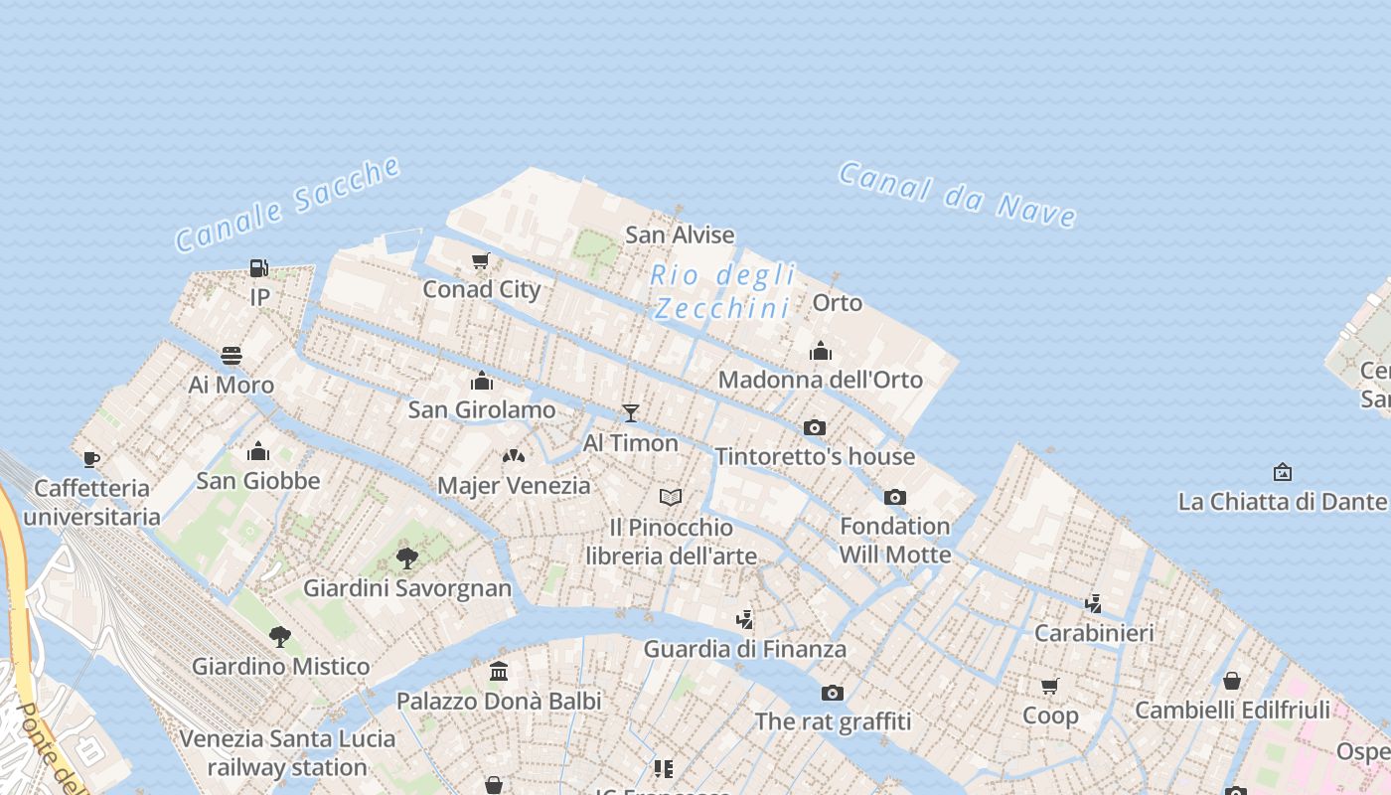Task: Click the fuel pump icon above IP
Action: [258, 267]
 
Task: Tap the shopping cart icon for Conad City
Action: [481, 260]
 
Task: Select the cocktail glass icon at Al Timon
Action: [630, 412]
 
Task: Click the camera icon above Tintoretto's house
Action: [815, 427]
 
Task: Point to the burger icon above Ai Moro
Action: [232, 356]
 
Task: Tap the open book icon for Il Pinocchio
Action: [672, 497]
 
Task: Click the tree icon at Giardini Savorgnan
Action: [406, 557]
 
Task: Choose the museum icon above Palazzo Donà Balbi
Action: [499, 672]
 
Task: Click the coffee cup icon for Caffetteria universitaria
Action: [91, 458]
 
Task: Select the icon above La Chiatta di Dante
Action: [1283, 472]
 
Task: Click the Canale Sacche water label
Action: [288, 205]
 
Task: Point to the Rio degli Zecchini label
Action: [723, 291]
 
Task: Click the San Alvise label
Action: [680, 236]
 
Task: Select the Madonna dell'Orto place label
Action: [821, 380]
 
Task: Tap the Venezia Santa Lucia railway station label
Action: [288, 753]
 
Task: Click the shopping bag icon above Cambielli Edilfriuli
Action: [1232, 681]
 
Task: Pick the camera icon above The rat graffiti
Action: [833, 693]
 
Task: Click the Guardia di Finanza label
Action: [745, 650]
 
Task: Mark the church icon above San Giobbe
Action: [258, 451]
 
